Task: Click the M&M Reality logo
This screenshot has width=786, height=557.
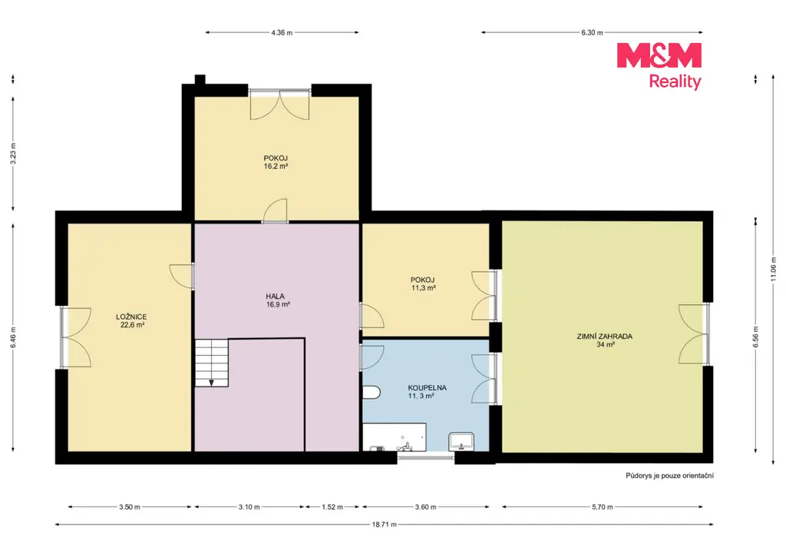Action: point(659,66)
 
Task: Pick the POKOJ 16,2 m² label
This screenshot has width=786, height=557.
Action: point(276,162)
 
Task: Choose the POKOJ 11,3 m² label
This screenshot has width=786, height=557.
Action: point(423,284)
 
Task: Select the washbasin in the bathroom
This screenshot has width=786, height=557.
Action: point(461,442)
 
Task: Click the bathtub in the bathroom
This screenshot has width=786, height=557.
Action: point(395,437)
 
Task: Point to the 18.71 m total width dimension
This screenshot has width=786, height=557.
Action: point(384,525)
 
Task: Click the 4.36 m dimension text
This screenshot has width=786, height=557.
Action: point(282,32)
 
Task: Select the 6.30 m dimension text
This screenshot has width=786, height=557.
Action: point(592,32)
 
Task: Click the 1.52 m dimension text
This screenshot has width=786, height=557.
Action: point(332,507)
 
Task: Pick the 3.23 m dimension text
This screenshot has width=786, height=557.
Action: point(13,154)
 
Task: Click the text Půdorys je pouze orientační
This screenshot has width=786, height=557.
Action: point(669,476)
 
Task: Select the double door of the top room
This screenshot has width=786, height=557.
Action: point(279,104)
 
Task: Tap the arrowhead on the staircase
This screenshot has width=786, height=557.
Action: point(212,383)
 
